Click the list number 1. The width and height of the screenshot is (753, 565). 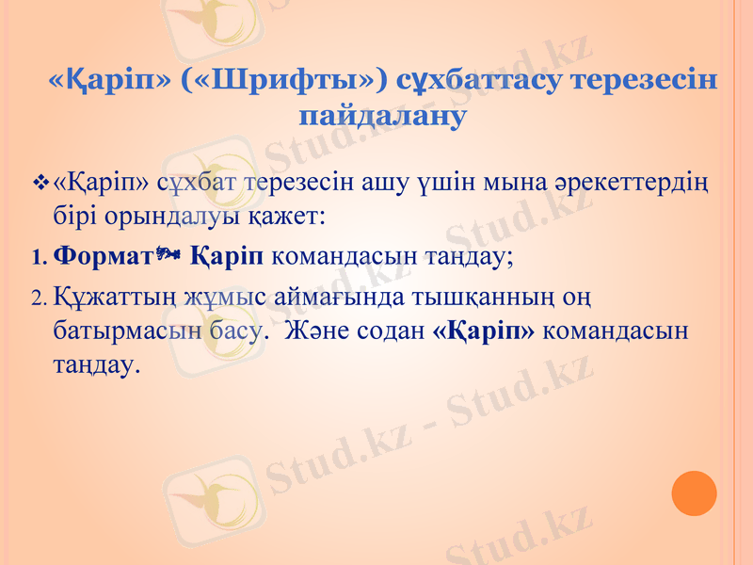point(38,256)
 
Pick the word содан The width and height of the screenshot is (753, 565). point(389,332)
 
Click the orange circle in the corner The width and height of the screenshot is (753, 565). point(695,493)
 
